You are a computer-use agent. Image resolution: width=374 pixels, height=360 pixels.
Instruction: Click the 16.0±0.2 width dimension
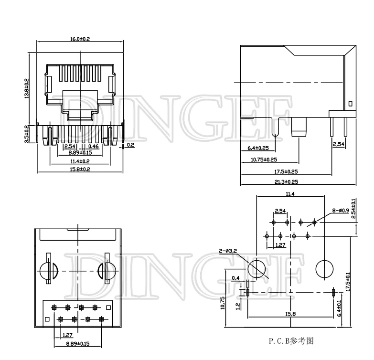pos(80,39)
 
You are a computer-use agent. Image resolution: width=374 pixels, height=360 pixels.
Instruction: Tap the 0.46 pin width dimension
pos(94,146)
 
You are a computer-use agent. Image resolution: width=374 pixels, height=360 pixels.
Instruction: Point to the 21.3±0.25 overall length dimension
pos(286,181)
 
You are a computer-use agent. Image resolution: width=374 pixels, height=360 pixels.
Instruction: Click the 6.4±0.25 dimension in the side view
pos(258,148)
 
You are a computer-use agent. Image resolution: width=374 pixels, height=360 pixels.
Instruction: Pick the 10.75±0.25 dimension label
pos(264,159)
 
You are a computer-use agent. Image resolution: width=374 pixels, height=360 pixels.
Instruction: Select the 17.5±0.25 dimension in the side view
pos(286,171)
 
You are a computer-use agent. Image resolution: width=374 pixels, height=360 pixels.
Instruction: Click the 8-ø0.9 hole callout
pos(341,211)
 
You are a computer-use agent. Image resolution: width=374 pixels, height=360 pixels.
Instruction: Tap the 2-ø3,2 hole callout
pos(228,251)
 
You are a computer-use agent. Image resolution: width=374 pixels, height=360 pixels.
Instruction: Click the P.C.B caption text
pos(291,341)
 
